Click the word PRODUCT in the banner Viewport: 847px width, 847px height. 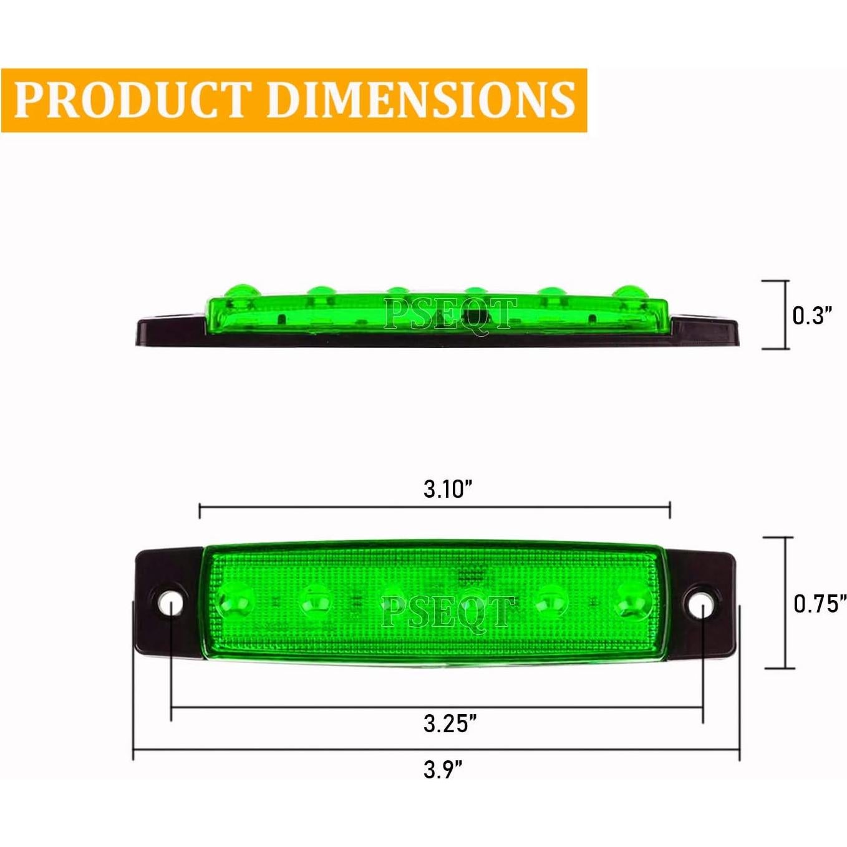tap(131, 100)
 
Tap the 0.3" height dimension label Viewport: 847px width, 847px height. tap(812, 316)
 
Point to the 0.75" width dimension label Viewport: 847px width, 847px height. tap(819, 604)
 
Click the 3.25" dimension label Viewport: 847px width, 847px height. tap(450, 724)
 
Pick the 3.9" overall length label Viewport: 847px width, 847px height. tap(443, 770)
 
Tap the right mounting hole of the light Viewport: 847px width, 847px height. tap(700, 603)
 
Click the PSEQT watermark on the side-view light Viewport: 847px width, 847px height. tap(450, 314)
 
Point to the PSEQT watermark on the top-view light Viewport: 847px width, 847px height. tap(447, 612)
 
